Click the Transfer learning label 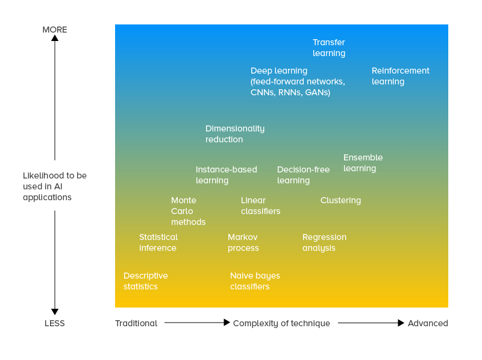328,48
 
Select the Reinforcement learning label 400,76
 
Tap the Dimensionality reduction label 234,134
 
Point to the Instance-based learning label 226,175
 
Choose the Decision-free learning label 303,175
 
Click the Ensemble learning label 363,163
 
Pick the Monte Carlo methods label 188,211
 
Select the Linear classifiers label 260,206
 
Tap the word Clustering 340,200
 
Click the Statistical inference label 158,242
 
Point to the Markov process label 243,242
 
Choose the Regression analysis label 324,242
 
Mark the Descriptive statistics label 145,281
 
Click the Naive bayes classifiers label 255,281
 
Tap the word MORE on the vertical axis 55,30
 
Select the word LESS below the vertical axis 55,323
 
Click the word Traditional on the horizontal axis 136,323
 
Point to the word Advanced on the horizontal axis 428,323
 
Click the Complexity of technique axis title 281,323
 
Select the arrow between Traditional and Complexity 196,323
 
